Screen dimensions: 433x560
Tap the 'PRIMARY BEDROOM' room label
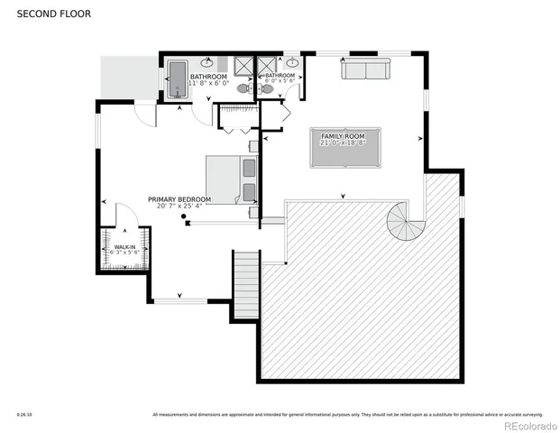coord(179,199)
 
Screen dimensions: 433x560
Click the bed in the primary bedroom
coord(231,179)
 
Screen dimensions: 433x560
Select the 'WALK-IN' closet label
coord(124,246)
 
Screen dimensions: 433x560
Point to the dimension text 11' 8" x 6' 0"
coord(208,83)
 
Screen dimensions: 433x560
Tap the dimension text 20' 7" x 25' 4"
coord(179,206)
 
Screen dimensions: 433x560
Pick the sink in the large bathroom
coord(207,63)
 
